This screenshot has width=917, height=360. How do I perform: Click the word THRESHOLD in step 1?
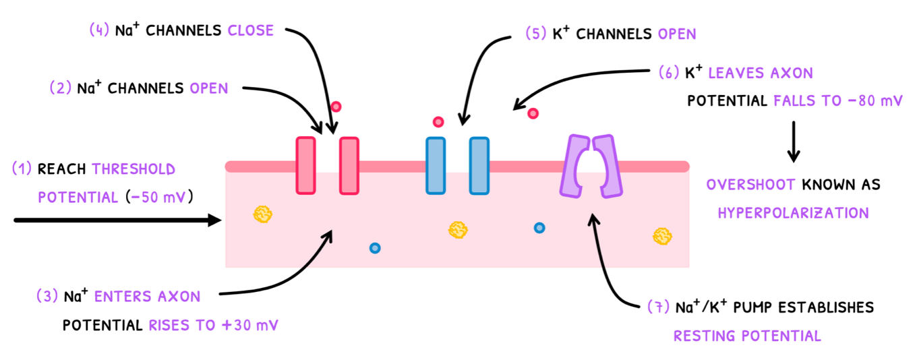pos(134,169)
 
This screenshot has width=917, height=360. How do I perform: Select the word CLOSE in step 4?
pos(251,30)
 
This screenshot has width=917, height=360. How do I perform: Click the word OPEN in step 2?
pos(209,88)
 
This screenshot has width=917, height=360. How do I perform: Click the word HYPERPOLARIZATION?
pos(793,213)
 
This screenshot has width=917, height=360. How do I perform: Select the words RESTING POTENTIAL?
pos(747,336)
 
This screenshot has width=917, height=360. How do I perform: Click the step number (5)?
pos(536,33)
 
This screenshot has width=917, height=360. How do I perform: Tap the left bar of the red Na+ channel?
pos(305,166)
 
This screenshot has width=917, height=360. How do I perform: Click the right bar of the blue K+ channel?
pos(479,166)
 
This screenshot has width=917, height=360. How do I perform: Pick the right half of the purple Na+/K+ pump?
pos(607,166)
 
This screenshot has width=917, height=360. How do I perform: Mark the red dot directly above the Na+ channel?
pos(336,107)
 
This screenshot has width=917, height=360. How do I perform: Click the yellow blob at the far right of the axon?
pos(661,235)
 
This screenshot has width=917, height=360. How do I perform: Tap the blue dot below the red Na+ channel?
pos(375,248)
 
